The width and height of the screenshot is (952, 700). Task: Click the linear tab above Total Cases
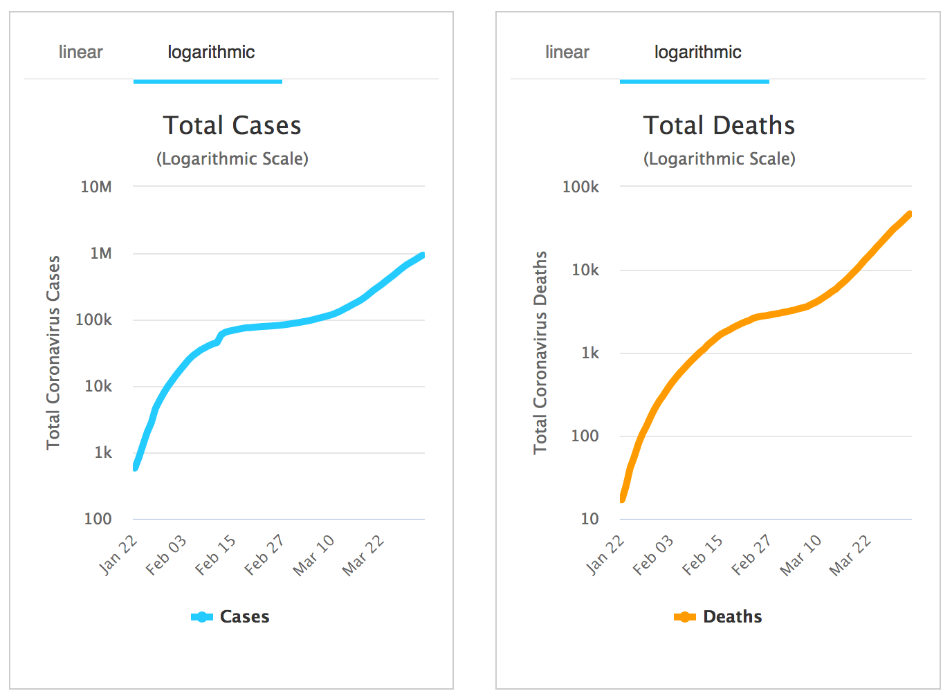point(80,53)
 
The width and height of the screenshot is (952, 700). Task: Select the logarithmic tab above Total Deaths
point(697,53)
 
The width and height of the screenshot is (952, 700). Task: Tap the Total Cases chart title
point(232,126)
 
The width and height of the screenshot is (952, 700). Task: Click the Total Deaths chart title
point(719,126)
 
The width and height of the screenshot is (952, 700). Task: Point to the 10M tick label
point(96,187)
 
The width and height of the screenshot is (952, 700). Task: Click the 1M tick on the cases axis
point(101,254)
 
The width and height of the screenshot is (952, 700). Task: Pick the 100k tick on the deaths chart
point(580,187)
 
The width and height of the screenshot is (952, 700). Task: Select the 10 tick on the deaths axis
point(589,519)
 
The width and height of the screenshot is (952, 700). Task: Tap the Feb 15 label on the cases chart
point(215,555)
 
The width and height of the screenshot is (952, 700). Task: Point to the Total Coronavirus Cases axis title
point(53,353)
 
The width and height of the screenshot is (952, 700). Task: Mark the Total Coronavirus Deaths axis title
point(540,353)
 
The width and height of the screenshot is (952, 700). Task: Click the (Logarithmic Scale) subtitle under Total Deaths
point(719,159)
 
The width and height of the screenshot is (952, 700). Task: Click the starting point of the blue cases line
point(135,468)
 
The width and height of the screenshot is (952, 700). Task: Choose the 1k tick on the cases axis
point(103,453)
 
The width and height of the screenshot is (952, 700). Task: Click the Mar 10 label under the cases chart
point(313,555)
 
